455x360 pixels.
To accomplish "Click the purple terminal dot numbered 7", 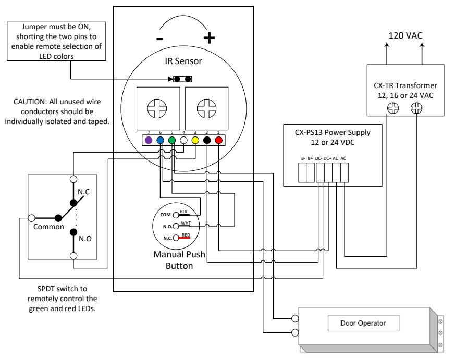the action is (149, 140).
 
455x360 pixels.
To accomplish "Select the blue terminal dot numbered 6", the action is (160, 140).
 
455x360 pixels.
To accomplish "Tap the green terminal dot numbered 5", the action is (172, 140).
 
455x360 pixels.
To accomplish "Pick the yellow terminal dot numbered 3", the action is (195, 140).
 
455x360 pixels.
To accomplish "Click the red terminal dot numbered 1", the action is (218, 140).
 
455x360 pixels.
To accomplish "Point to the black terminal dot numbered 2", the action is (207, 140).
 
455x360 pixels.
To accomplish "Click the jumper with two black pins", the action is (182, 79).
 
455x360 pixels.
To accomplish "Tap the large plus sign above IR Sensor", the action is (209, 38).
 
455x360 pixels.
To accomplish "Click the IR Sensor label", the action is (183, 61).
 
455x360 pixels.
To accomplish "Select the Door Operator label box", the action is (364, 323).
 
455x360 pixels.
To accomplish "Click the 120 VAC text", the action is (405, 35).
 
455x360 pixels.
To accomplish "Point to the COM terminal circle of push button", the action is (176, 215).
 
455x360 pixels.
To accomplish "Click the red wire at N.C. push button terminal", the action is (185, 238).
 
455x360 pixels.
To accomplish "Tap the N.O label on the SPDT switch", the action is (85, 239).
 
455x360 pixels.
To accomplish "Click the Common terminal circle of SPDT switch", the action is (32, 218).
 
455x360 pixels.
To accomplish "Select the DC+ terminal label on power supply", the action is (327, 158).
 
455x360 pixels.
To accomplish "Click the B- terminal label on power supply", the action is (303, 158).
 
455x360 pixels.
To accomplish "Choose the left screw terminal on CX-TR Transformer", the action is (393, 108).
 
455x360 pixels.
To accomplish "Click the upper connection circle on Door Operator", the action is (295, 318).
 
